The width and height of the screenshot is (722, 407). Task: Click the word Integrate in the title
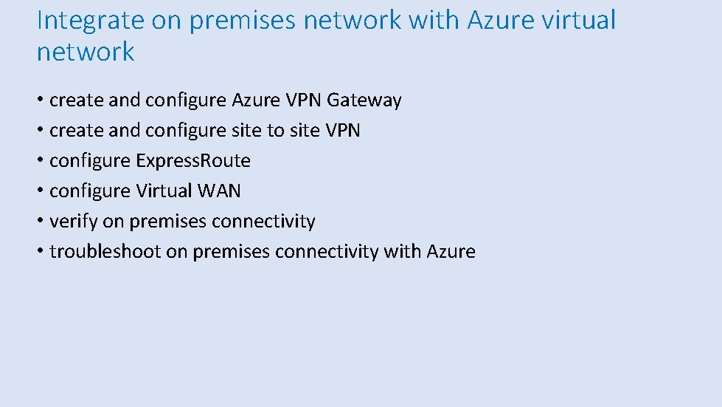tap(90, 21)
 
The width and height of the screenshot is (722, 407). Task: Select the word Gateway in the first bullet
tap(364, 100)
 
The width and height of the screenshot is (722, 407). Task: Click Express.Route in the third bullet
tap(193, 160)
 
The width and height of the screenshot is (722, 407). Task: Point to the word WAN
tap(219, 191)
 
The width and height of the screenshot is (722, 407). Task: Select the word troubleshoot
tap(105, 251)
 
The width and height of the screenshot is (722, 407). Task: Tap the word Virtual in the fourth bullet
tap(164, 191)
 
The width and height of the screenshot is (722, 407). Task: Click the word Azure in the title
tap(497, 21)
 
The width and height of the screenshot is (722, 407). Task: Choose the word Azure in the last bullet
tap(451, 251)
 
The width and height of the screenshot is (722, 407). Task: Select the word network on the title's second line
tap(86, 52)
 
